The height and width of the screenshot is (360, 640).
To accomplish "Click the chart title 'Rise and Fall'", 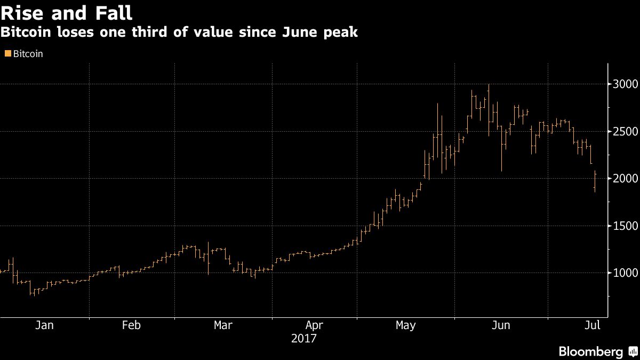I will click(67, 12).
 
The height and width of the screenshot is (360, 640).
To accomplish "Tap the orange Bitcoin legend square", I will click(7, 54).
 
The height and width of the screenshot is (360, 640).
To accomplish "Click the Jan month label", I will click(44, 325).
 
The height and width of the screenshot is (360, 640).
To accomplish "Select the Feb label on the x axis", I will click(131, 325).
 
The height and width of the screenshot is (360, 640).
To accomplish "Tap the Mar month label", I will click(222, 325).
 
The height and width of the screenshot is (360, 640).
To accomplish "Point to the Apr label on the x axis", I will click(314, 325).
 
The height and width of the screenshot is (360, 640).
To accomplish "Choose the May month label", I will click(405, 325).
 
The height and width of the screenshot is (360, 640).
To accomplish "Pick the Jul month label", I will click(592, 325).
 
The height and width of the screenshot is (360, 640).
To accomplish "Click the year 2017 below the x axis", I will click(304, 339).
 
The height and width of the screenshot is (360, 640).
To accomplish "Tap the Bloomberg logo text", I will click(590, 351).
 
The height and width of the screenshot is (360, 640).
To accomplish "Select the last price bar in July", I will click(595, 181).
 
